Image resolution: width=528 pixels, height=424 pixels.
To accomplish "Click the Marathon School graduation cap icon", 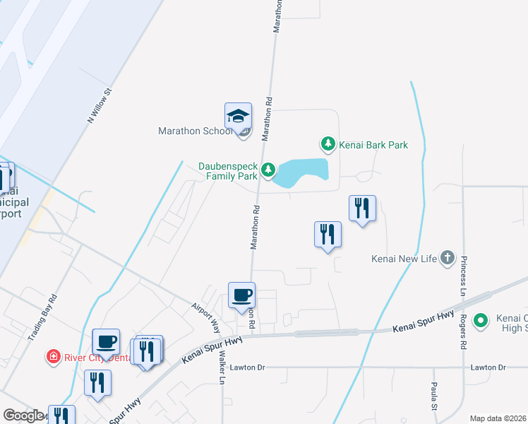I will point(238,117).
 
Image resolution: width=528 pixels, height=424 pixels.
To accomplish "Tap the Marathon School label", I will point(196,131).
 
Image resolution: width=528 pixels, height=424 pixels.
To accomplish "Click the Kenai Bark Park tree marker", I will point(328,145).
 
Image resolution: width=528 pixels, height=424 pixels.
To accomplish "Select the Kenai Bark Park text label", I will point(373,145).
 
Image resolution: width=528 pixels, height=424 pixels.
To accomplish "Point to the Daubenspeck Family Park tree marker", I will point(268,170).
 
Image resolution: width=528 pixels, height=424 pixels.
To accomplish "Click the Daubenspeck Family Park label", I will point(227,171).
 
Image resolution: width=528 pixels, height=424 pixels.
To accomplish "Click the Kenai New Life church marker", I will point(447,259).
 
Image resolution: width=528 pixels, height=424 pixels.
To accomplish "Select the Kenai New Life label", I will point(404,259).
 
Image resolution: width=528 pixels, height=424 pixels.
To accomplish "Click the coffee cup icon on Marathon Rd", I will point(241,296).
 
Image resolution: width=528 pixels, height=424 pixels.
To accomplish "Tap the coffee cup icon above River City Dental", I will point(106,343).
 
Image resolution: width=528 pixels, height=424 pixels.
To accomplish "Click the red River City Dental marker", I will point(52,357).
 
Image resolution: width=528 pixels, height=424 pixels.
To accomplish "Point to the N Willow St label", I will point(100,106).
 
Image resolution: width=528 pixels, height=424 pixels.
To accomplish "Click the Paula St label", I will point(435,396).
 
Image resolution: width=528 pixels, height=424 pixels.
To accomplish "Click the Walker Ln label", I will point(221,368).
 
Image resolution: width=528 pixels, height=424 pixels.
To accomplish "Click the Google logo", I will point(23,416).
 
